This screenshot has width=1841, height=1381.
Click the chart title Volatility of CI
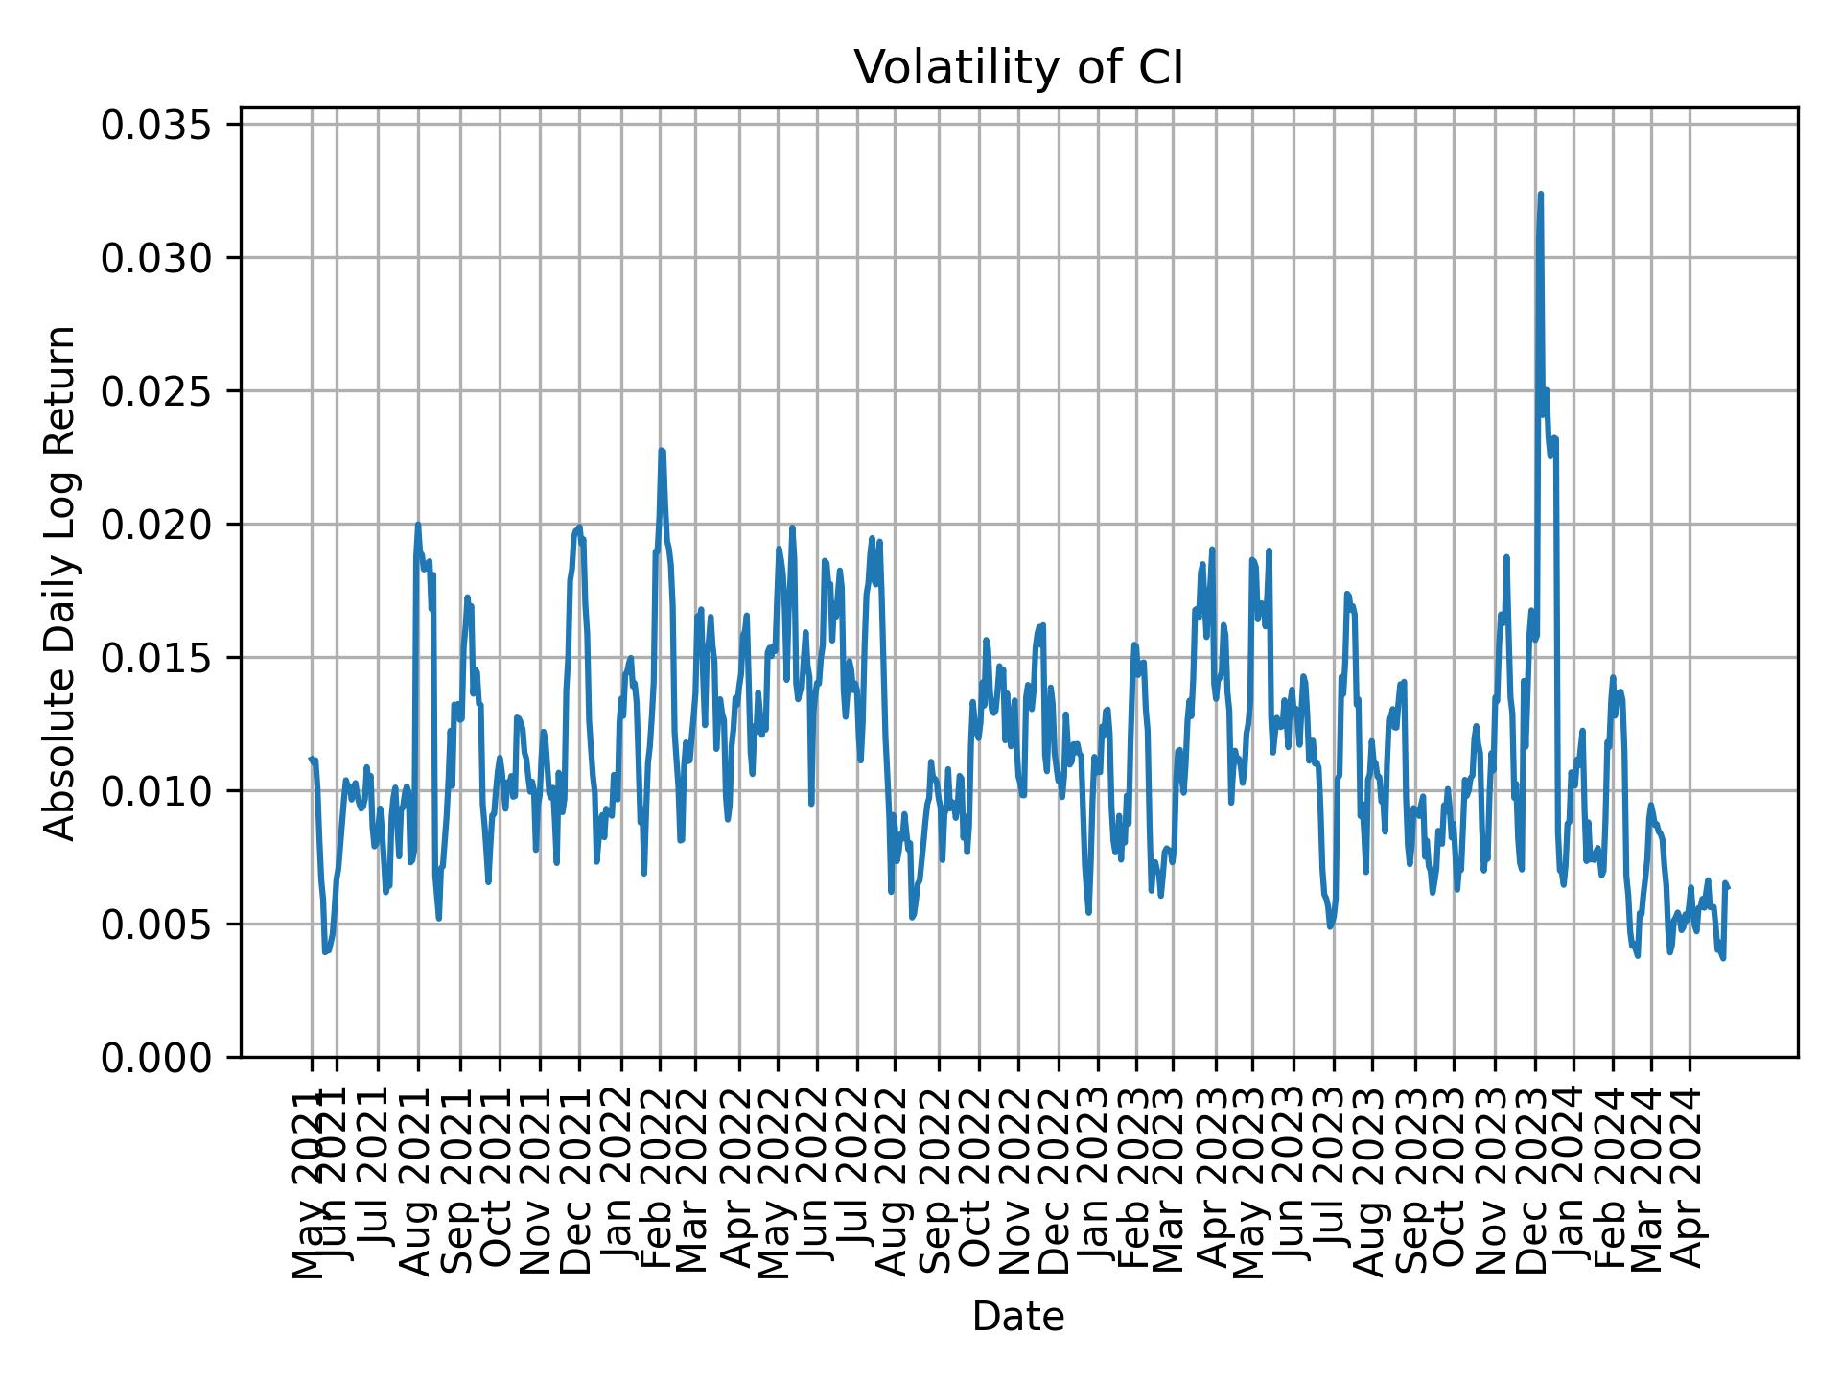pyautogui.click(x=1018, y=69)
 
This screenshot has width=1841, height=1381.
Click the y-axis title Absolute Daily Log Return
pyautogui.click(x=61, y=582)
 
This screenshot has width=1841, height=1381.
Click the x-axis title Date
pyautogui.click(x=1018, y=1318)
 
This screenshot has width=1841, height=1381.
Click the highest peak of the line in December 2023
pyautogui.click(x=1541, y=194)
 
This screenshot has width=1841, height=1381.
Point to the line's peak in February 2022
pyautogui.click(x=662, y=450)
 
